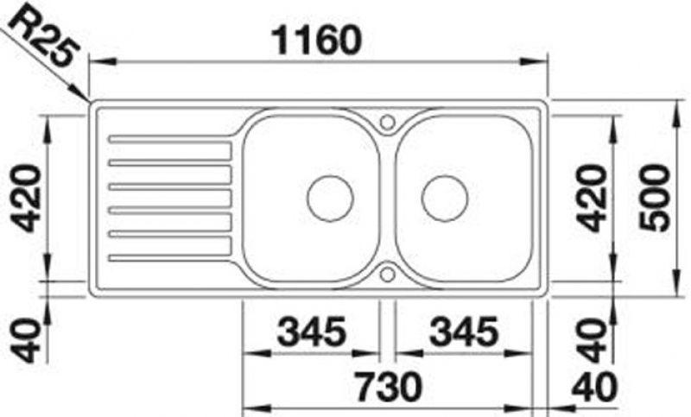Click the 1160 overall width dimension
click(316, 40)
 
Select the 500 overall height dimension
click(655, 198)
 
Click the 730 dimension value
click(388, 387)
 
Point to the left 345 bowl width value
click(312, 332)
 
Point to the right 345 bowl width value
click(464, 332)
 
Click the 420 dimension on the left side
click(27, 198)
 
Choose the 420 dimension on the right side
click(592, 198)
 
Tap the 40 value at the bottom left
click(26, 340)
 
